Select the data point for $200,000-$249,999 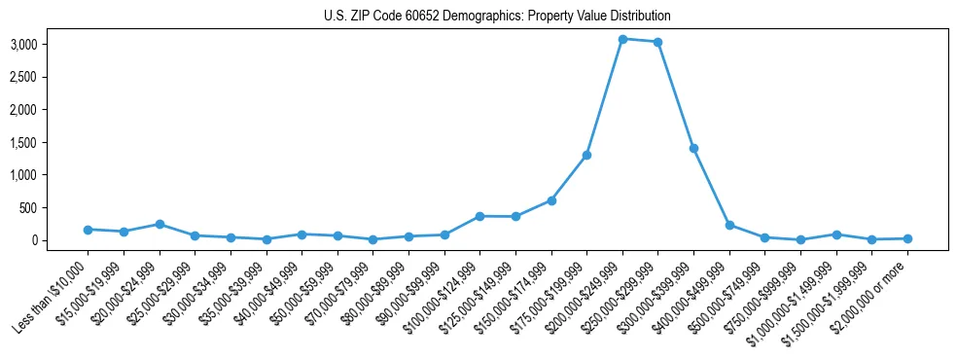pos(622,39)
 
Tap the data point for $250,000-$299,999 pos(658,42)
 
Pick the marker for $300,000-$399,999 pos(693,148)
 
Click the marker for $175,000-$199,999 pos(586,155)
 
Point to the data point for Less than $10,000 pos(88,230)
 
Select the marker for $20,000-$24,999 pos(159,224)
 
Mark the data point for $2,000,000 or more pos(907,238)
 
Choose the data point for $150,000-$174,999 pos(551,200)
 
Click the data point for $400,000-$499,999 pos(729,225)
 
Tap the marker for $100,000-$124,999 pos(479,216)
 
